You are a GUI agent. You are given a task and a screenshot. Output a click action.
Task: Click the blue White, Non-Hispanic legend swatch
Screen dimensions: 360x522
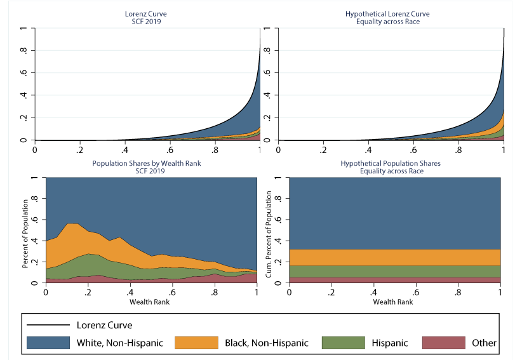click(x=48, y=342)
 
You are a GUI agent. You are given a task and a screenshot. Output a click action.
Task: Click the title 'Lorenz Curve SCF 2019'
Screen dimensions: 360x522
click(x=147, y=17)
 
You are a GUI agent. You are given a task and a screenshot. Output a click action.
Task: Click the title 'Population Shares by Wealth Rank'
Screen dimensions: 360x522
click(x=151, y=163)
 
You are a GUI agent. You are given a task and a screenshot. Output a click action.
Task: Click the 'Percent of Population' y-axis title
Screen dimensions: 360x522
click(x=26, y=233)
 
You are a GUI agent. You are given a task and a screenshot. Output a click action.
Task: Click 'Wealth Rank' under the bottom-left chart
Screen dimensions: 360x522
click(x=151, y=301)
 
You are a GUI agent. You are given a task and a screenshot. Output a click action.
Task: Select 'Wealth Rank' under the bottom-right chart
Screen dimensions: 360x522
click(x=394, y=301)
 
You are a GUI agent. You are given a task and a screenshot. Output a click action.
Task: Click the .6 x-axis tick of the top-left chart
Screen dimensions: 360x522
click(x=170, y=150)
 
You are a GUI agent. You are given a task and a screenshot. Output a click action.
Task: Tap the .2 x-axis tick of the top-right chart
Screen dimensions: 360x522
click(x=324, y=150)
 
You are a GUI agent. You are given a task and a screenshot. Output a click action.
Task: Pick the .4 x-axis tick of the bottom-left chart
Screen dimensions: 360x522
click(x=130, y=293)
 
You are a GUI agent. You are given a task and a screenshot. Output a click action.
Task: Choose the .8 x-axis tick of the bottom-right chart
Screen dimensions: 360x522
click(x=458, y=293)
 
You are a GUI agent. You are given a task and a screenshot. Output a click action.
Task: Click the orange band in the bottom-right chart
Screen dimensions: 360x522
click(x=394, y=257)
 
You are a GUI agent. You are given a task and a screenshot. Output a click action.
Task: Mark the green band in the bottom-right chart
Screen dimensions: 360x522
click(x=394, y=271)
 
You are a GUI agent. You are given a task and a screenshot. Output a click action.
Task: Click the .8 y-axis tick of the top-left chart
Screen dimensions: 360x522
click(x=23, y=51)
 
